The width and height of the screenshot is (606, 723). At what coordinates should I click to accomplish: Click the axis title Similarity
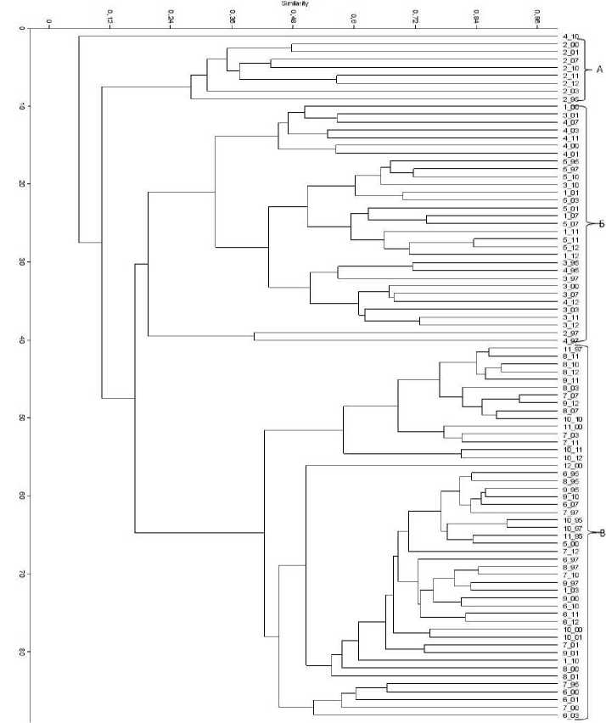point(295,4)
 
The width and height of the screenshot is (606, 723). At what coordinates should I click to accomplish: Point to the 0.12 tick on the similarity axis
point(109,15)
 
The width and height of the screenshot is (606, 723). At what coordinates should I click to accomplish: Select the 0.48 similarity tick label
point(293,15)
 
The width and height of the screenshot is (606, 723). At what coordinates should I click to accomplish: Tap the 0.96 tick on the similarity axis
point(537,15)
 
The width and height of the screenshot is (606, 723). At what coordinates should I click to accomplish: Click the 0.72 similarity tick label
point(415,15)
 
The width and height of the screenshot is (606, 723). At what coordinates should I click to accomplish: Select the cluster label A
point(598,68)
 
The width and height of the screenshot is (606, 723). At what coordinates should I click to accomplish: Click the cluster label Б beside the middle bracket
point(599,224)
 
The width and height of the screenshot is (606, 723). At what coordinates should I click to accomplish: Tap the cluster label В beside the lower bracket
point(601,533)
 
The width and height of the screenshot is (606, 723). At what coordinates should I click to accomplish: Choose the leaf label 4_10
point(570,36)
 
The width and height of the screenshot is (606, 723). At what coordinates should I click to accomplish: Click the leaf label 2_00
point(570,44)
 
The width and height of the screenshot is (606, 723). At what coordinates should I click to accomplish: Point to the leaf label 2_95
point(570,99)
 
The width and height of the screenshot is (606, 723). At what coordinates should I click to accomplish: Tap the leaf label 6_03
point(570,716)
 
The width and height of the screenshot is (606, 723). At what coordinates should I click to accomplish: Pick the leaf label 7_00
point(570,708)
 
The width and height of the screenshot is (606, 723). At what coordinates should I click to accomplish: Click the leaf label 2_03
point(570,91)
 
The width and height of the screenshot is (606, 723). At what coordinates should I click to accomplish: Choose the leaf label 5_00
point(570,544)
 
